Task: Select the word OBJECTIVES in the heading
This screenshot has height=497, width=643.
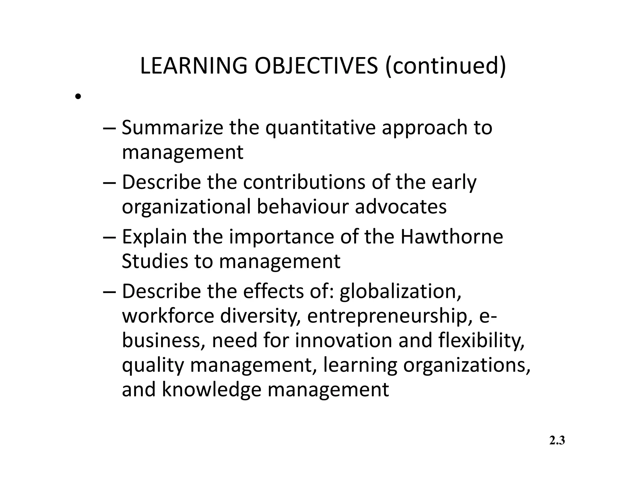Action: [x=316, y=66]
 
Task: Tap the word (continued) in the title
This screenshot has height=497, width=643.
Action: [x=446, y=66]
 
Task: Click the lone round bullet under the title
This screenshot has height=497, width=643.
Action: [x=78, y=96]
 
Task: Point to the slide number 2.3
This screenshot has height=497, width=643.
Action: [x=557, y=441]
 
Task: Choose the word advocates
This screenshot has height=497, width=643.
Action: [x=401, y=207]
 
